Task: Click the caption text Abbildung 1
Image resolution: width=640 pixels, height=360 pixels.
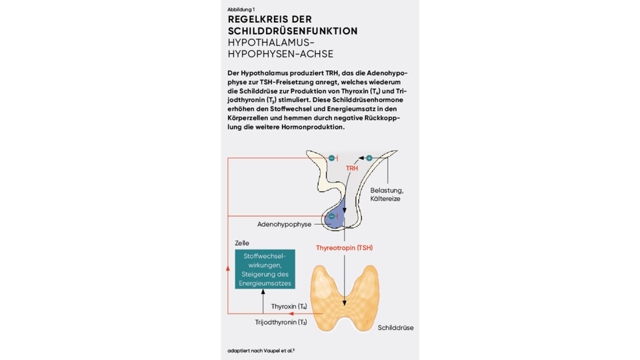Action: click(x=241, y=9)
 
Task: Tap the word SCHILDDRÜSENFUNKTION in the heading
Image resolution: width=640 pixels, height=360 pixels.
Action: click(x=293, y=31)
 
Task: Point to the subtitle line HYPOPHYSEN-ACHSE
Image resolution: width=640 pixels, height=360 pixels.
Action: click(x=281, y=54)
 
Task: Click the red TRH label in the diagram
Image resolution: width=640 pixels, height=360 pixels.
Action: click(x=352, y=168)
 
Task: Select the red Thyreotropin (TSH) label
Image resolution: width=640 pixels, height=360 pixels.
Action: click(x=345, y=248)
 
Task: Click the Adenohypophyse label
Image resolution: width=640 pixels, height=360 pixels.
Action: click(x=284, y=224)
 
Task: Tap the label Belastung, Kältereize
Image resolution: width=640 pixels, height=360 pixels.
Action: click(x=387, y=194)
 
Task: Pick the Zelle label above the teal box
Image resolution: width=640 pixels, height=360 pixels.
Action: click(x=242, y=243)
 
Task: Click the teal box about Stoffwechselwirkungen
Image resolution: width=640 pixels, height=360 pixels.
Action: click(x=265, y=269)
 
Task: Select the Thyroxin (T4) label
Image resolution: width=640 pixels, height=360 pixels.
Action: click(x=289, y=307)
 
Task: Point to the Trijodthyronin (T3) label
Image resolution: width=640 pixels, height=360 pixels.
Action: click(x=281, y=322)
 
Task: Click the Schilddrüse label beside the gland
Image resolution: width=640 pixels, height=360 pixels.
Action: click(x=395, y=328)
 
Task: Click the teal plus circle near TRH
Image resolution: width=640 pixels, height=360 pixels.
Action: click(x=369, y=158)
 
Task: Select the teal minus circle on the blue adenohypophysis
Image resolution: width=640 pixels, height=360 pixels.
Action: click(x=332, y=216)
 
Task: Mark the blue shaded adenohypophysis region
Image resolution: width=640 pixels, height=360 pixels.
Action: click(x=336, y=214)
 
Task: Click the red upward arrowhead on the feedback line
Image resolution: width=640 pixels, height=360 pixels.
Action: click(x=228, y=268)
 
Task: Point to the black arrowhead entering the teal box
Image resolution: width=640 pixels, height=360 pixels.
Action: click(x=263, y=292)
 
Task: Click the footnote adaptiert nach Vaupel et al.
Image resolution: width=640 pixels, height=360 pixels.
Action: click(x=261, y=351)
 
